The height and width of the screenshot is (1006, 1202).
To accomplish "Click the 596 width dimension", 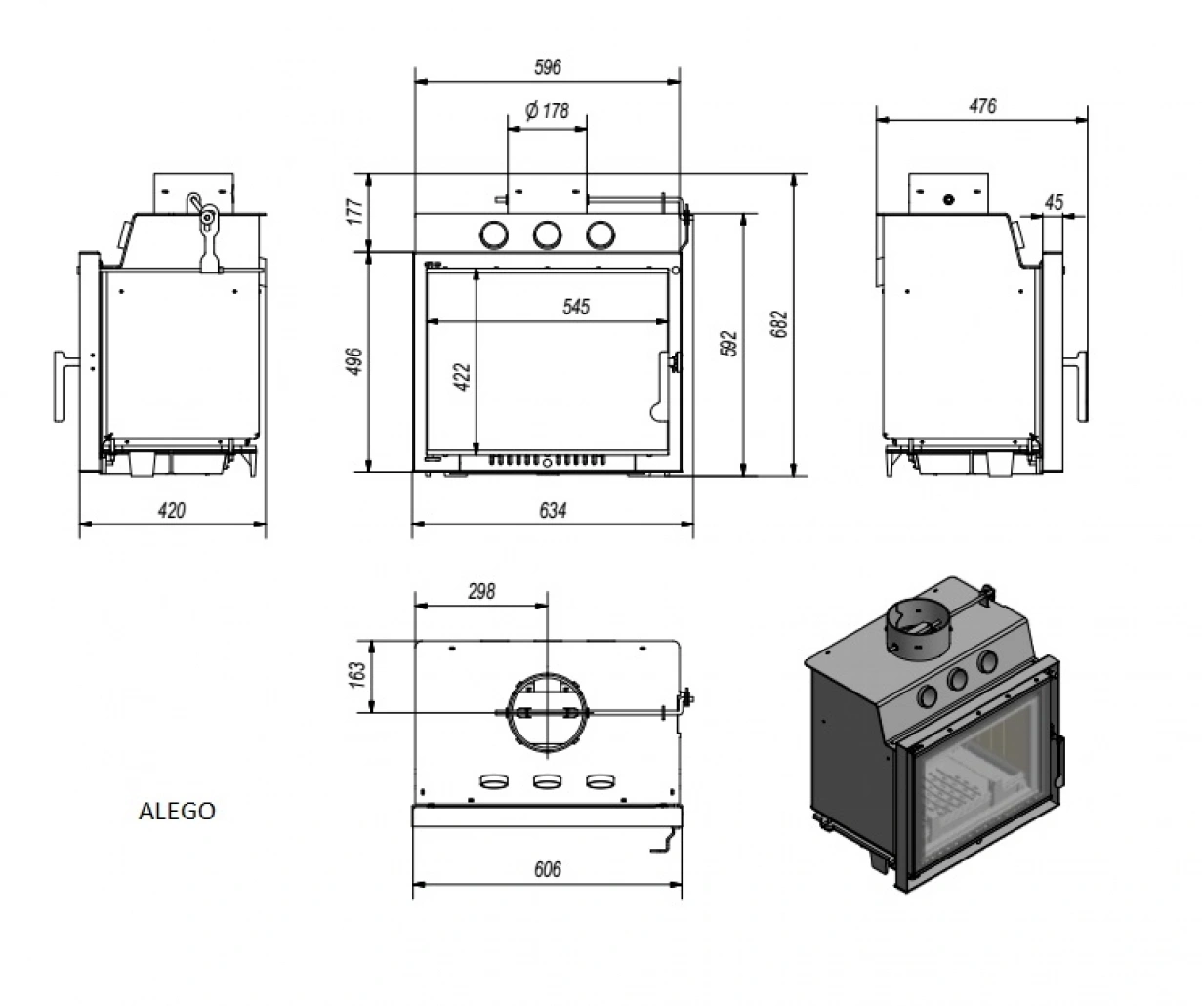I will pos(548,67).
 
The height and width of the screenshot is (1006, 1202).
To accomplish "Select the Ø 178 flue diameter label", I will pos(547,110).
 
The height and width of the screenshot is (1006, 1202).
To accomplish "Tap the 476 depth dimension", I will pos(982,105).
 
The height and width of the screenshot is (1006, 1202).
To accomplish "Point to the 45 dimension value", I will pos(1053,202).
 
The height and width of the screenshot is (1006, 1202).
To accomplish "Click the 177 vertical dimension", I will pos(354,212).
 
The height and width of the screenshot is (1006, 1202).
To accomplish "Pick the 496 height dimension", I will pos(354,361).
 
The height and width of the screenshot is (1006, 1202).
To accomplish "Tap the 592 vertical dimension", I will pos(729,344).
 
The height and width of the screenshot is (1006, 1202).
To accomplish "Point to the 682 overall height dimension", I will pos(778,325).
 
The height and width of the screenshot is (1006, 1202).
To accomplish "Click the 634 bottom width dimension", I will pos(552,510).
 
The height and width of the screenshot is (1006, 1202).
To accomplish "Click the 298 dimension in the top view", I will pos(481,591).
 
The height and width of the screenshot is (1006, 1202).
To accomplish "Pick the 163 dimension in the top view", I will pos(355,674).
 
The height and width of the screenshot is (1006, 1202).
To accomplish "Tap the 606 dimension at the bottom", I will pos(548,869).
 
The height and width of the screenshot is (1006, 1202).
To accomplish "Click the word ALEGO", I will pos(177,811).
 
